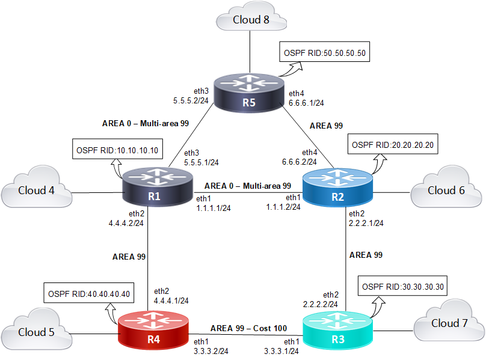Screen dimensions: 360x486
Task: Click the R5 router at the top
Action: pyautogui.click(x=248, y=94)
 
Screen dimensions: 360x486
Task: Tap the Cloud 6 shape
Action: pyautogui.click(x=446, y=191)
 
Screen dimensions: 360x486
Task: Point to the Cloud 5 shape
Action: pyautogui.click(x=35, y=332)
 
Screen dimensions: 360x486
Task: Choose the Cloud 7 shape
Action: pyautogui.click(x=449, y=323)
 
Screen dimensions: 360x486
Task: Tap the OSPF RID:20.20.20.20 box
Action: pyautogui.click(x=393, y=145)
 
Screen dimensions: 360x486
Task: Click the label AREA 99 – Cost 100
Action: pyautogui.click(x=248, y=329)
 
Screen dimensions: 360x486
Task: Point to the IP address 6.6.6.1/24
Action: pyautogui.click(x=307, y=103)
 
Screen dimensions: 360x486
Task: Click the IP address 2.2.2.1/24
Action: pyautogui.click(x=366, y=222)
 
